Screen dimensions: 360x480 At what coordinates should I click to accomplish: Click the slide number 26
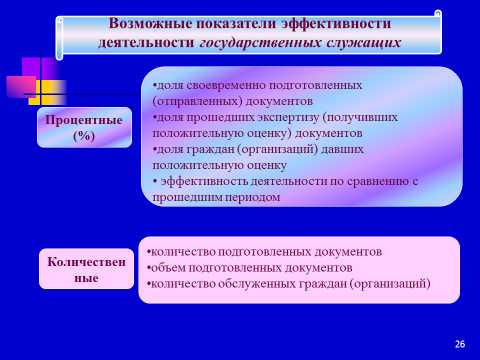click(x=460, y=345)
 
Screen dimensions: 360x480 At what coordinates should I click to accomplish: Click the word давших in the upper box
click(x=355, y=149)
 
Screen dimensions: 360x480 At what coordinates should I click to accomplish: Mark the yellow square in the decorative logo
click(x=36, y=97)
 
